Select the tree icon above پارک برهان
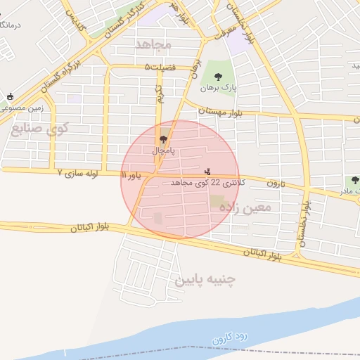tap(216, 75)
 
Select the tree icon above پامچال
tap(164, 139)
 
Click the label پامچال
tap(163, 150)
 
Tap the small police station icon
tap(207, 171)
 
